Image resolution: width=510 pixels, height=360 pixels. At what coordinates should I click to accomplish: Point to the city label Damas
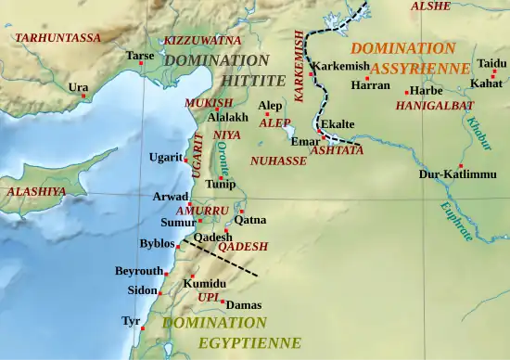click(244, 304)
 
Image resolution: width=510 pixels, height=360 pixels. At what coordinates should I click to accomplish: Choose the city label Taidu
click(491, 63)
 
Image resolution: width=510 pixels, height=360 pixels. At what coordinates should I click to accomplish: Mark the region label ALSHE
click(431, 6)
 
